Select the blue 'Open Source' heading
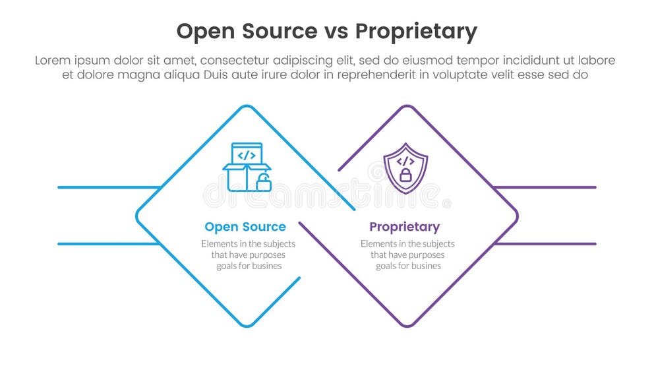[245, 227]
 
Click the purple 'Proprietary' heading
[404, 227]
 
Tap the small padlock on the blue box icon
[264, 183]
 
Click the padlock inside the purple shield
[405, 175]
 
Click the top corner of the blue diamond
[247, 106]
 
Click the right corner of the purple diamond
[516, 216]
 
